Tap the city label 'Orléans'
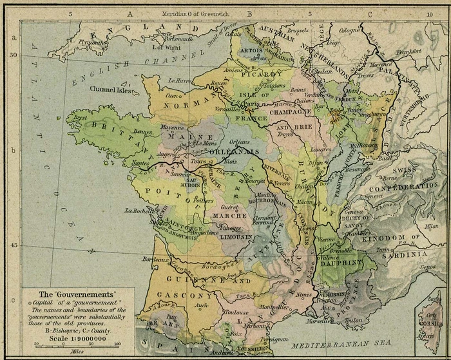coord(239,141)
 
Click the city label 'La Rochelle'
coord(139,210)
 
